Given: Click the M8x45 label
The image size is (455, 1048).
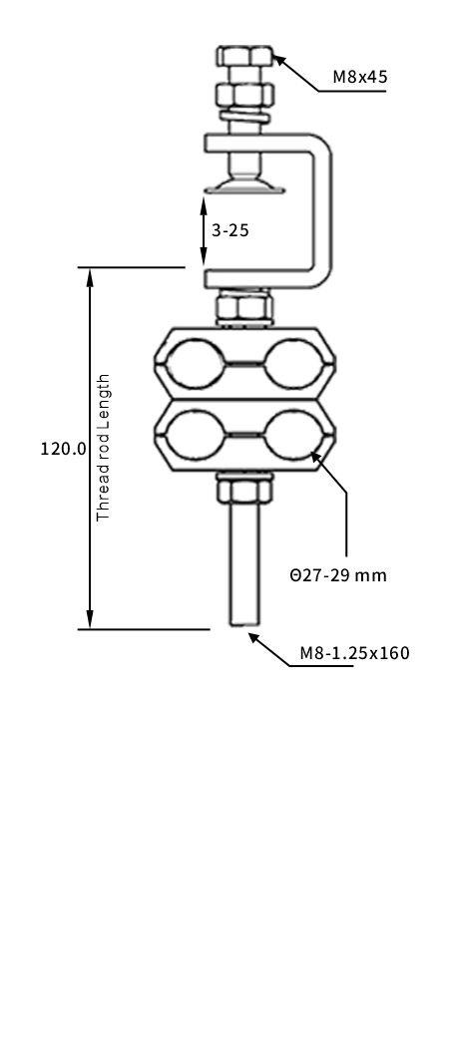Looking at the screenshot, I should (359, 77).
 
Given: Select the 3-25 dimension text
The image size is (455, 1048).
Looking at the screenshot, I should (229, 230).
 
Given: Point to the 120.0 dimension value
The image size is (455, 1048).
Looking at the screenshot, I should (63, 449).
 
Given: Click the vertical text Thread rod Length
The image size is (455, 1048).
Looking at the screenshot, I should (103, 448).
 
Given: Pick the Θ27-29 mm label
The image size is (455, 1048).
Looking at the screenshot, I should (338, 575).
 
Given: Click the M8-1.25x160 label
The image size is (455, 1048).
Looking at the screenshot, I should (354, 654).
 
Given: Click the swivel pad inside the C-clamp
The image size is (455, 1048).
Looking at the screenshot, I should (244, 183).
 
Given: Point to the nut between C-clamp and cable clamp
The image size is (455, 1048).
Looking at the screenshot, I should (243, 307).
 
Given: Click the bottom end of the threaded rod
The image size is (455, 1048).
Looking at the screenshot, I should (243, 620).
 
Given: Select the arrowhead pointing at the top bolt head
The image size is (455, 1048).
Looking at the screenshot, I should (280, 59).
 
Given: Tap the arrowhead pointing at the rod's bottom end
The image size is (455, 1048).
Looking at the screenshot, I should (255, 636).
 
